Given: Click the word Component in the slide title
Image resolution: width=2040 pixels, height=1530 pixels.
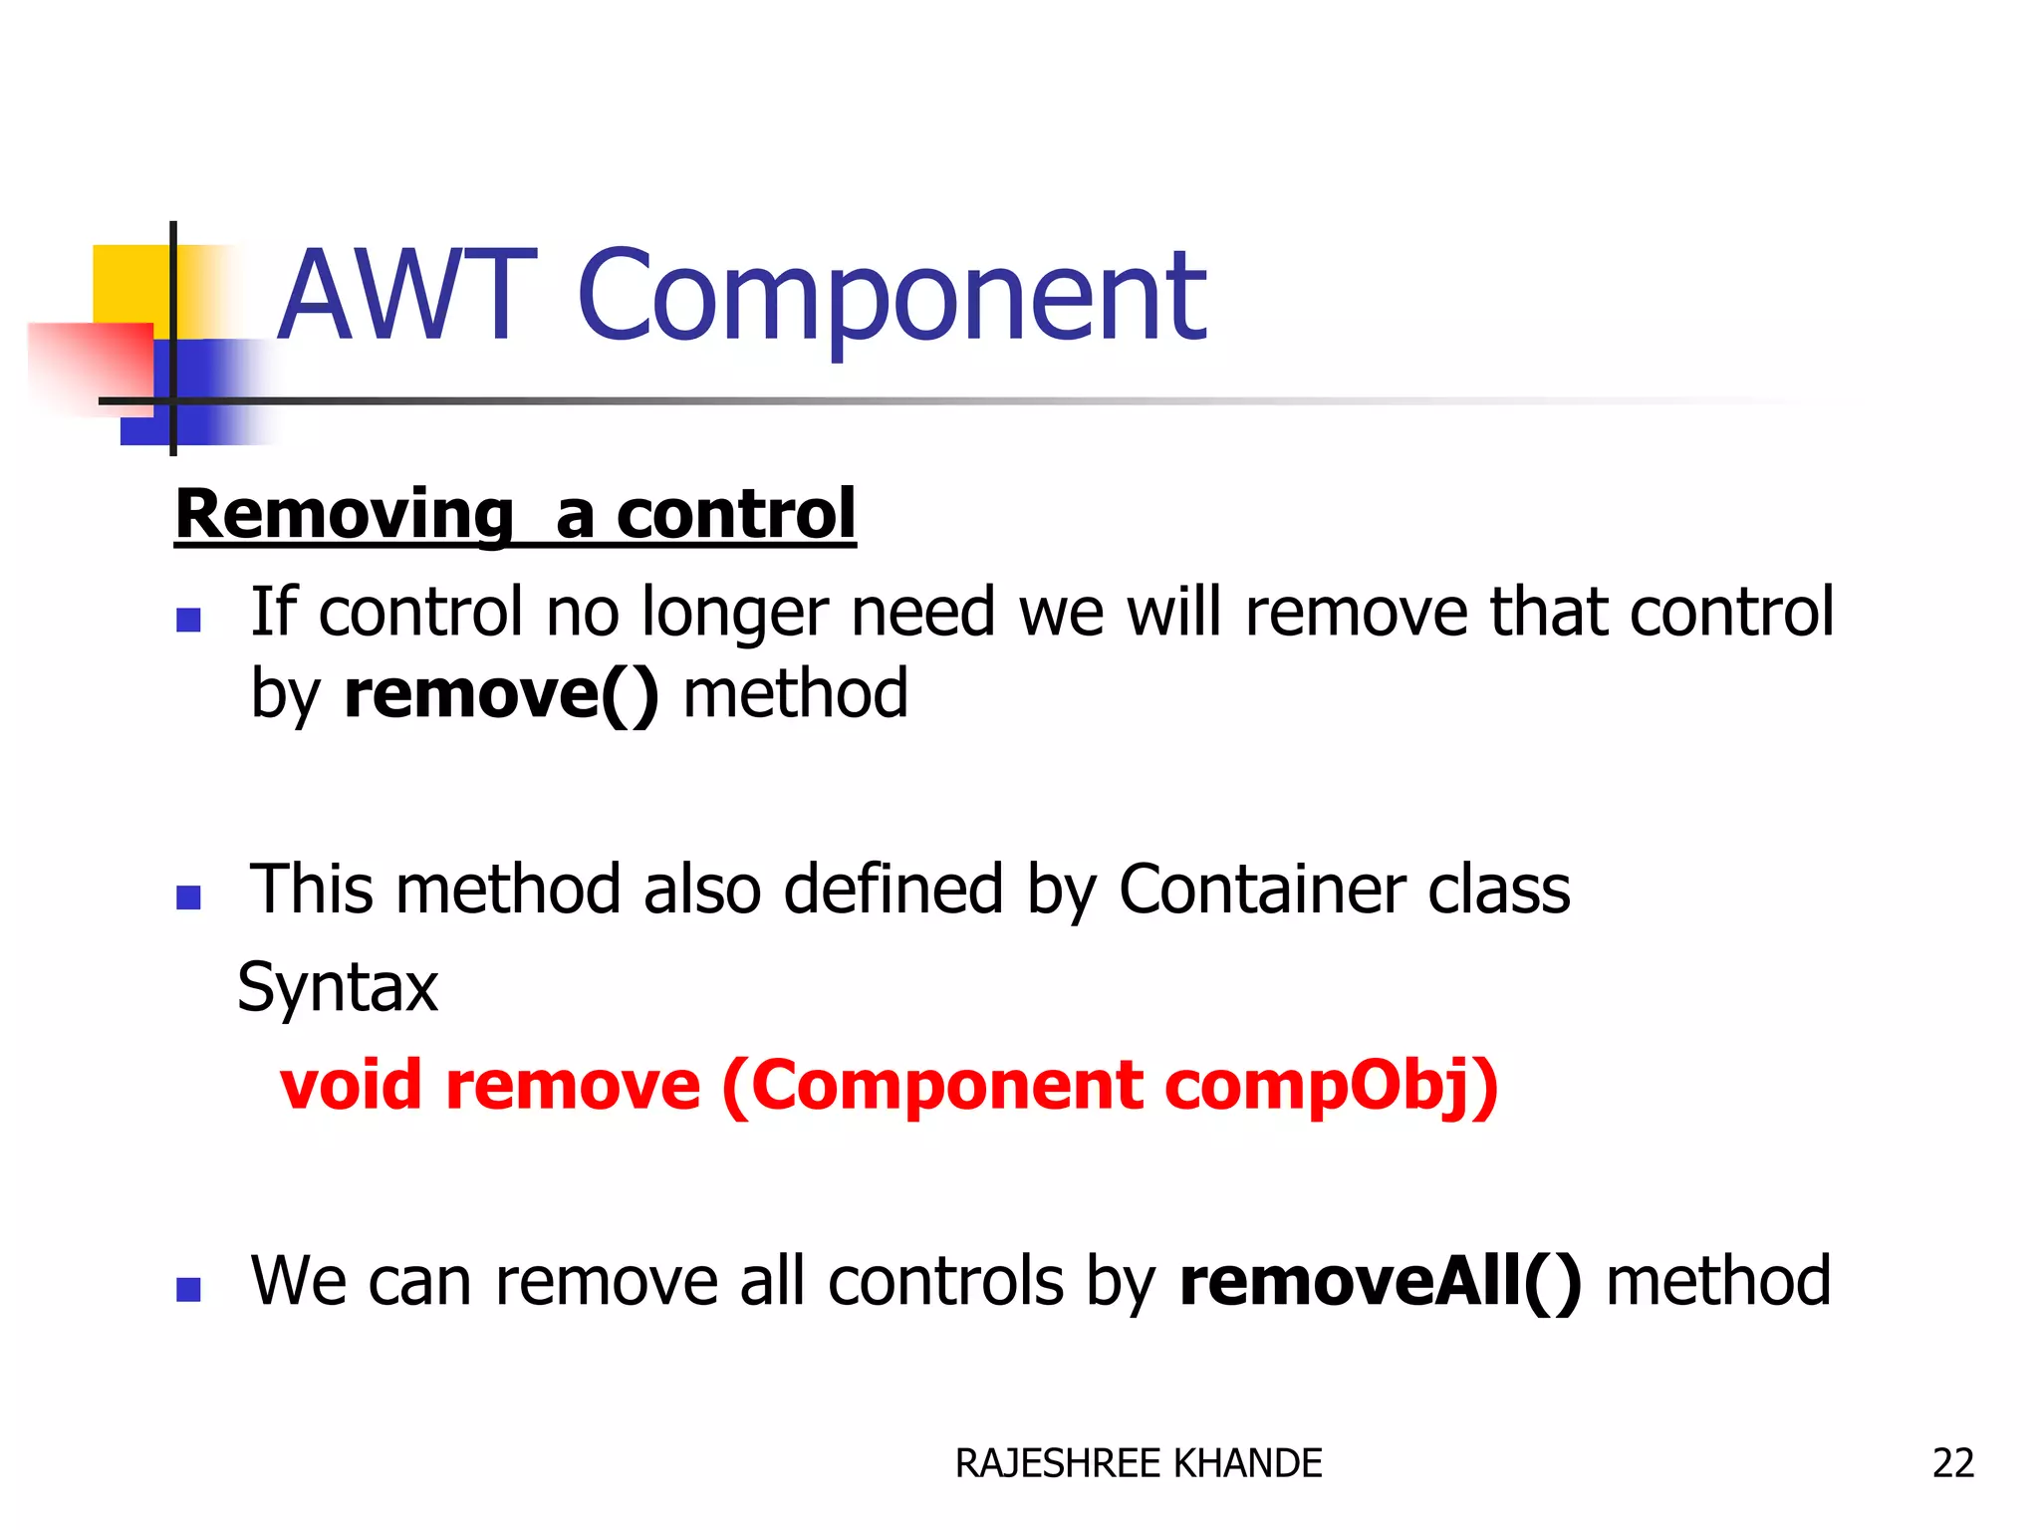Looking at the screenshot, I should [892, 296].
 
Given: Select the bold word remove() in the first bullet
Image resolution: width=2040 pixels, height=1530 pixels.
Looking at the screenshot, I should [501, 693].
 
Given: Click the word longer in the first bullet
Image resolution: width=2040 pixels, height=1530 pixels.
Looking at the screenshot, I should [735, 612].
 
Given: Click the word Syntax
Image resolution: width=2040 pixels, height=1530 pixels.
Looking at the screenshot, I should [338, 987].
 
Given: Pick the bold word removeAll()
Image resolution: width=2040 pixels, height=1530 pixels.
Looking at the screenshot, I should [1381, 1281].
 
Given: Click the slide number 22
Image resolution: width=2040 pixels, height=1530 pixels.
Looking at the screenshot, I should [1952, 1463].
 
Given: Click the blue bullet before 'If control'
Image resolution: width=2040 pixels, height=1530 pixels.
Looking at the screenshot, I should [188, 621].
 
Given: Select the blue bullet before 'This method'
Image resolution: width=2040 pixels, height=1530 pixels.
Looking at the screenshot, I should [188, 897].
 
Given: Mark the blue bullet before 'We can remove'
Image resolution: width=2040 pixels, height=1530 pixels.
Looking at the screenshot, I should [188, 1290].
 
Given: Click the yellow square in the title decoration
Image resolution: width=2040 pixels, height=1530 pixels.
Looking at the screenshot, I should [129, 284].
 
